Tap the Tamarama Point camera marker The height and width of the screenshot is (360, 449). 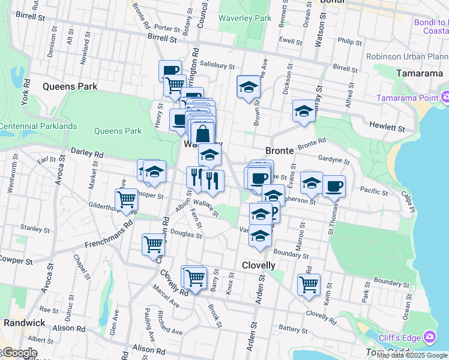445,97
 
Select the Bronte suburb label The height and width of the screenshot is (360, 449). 279,151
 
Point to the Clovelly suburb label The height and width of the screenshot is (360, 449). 258,265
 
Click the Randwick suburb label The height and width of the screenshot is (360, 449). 24,322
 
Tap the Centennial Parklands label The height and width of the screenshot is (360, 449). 38,126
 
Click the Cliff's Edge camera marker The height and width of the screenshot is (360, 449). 430,337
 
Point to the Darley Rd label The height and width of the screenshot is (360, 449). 87,154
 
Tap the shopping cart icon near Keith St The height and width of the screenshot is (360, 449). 309,284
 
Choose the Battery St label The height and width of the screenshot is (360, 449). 293,329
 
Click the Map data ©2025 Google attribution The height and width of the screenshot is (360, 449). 412,355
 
